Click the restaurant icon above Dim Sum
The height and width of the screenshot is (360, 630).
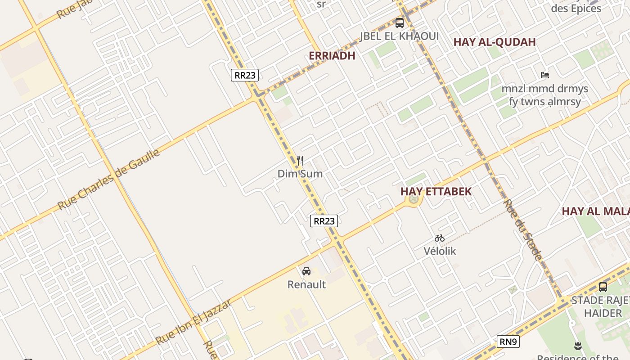pos(300,160)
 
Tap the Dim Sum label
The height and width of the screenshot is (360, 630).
pos(300,174)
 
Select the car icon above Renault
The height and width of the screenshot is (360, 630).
pos(306,271)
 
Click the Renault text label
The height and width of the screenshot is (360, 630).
pos(306,284)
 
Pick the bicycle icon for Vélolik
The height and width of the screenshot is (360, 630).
pos(440,238)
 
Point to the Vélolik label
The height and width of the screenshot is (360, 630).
pos(440,251)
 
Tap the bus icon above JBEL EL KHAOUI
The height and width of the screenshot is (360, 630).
pos(400,23)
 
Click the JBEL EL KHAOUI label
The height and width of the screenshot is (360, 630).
pos(399,36)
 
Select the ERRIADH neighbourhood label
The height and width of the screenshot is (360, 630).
pos(332,56)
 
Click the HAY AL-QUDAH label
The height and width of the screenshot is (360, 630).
pos(495,42)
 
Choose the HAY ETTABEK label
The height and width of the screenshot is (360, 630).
pos(436,191)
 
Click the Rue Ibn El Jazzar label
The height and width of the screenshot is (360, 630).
pos(194,322)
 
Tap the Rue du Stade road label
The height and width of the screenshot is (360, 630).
pos(522,230)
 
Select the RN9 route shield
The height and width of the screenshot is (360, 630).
pos(508,342)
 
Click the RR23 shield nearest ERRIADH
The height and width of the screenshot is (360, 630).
pos(245,75)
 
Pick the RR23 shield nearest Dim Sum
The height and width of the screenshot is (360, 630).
pos(324,221)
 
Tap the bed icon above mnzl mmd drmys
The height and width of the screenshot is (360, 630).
pos(545,75)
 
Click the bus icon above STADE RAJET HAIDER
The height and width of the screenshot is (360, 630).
pos(603,287)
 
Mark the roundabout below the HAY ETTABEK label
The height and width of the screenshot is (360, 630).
pos(414,199)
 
